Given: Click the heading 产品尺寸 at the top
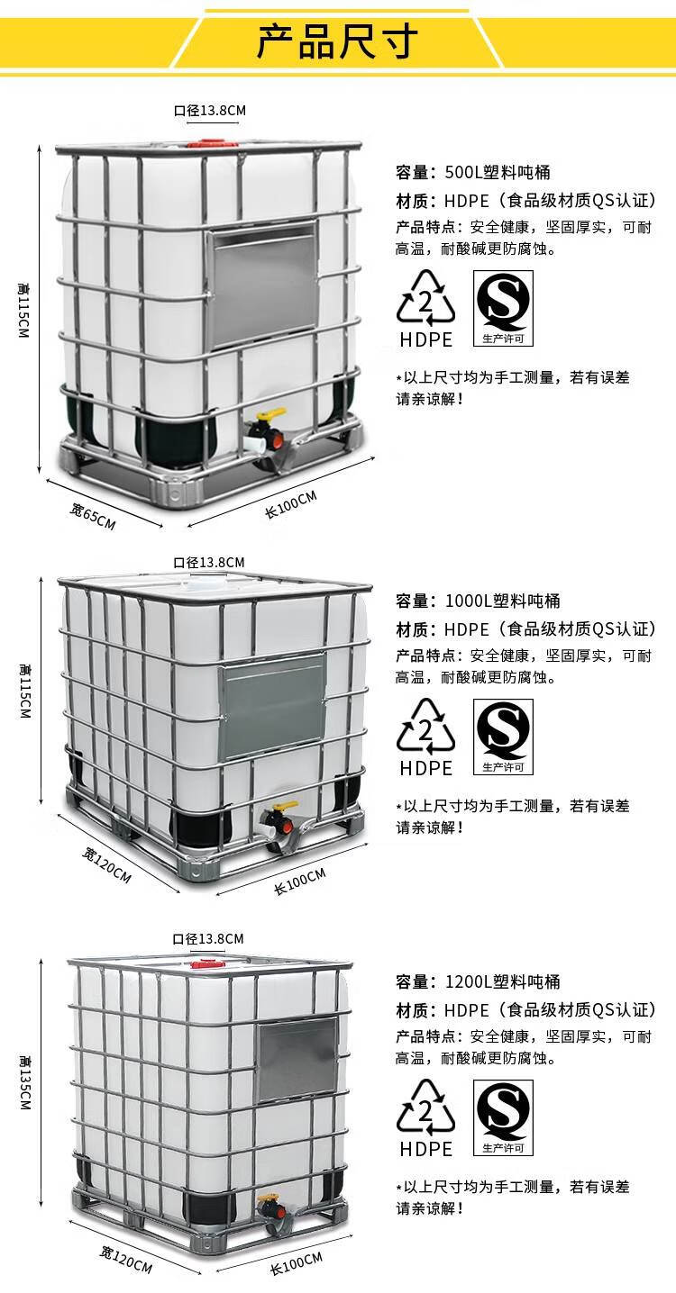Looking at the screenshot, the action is click(337, 41).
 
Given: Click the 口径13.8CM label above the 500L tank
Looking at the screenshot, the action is click(210, 111).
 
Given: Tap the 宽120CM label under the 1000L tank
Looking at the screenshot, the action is click(106, 865).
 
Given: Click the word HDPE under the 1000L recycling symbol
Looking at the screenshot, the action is click(426, 768).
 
